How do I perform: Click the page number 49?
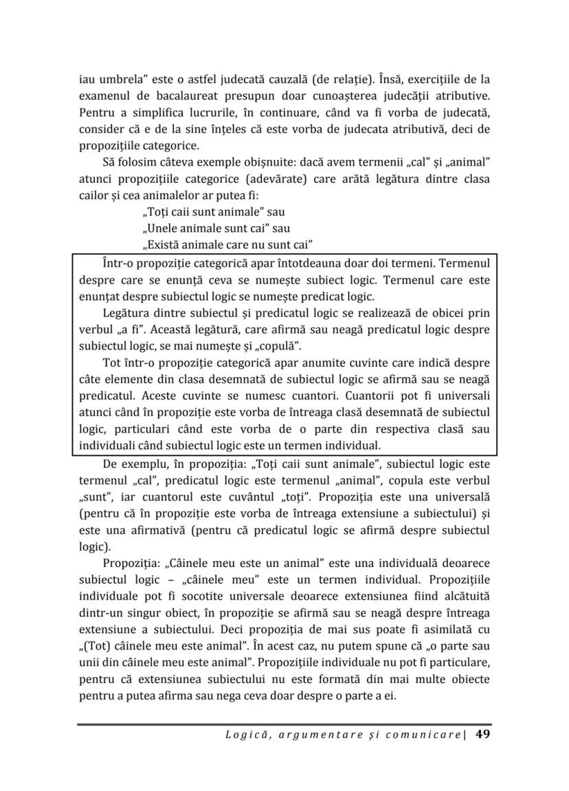pyautogui.click(x=482, y=735)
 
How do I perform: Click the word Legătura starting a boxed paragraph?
pyautogui.click(x=123, y=313)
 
